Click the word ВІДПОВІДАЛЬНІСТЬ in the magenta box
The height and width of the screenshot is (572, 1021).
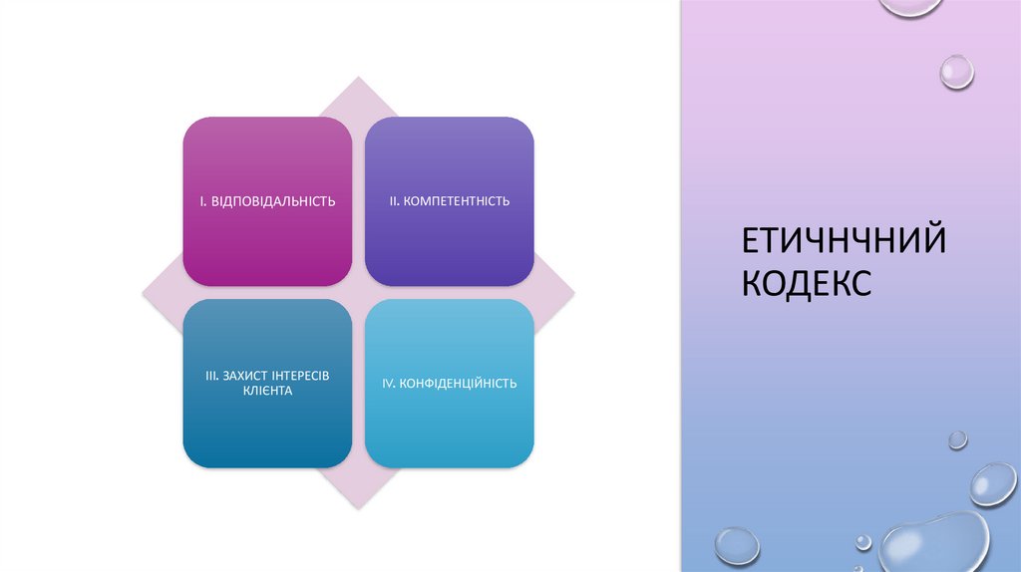click(273, 202)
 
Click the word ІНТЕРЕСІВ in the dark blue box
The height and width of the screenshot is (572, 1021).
click(300, 375)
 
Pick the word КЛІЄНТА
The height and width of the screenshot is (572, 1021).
click(267, 391)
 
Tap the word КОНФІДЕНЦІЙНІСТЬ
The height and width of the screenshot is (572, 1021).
click(458, 384)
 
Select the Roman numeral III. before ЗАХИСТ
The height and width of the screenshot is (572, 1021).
click(211, 375)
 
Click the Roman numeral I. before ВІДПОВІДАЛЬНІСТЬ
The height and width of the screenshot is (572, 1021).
click(202, 202)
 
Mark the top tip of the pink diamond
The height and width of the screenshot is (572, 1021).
click(358, 78)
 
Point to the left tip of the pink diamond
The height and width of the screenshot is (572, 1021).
click(143, 293)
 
